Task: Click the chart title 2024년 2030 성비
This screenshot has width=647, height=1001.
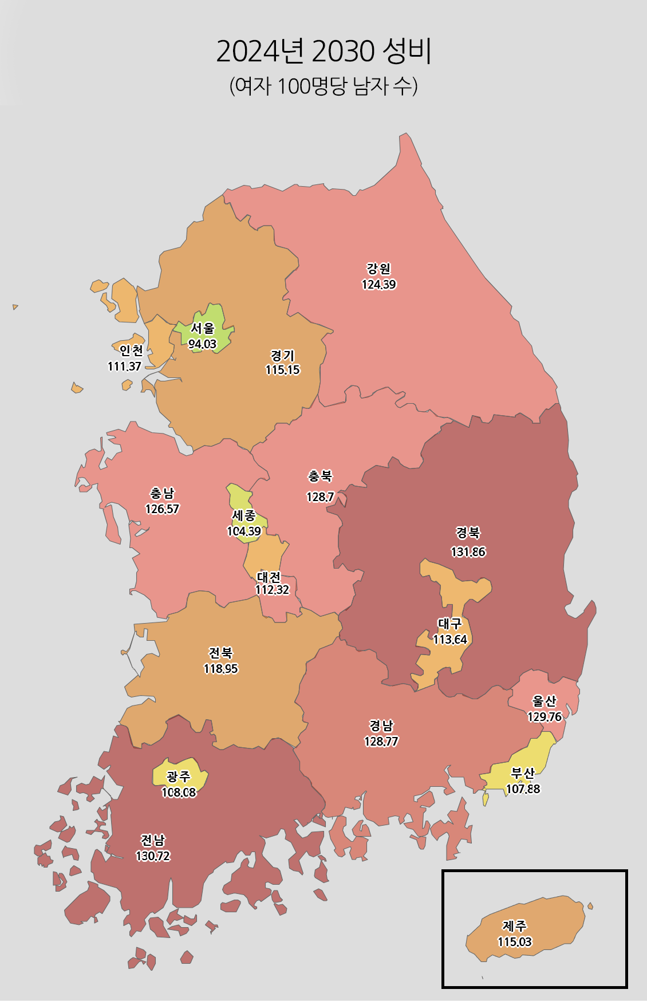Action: point(323,52)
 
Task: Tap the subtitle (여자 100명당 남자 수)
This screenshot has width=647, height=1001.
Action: point(323,86)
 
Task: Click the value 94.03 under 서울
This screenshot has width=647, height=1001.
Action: point(203,344)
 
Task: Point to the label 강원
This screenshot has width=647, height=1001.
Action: point(378,269)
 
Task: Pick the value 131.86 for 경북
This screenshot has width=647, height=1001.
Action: point(468,552)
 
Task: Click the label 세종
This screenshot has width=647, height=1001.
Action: point(244,516)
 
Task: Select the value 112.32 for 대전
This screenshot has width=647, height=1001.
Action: point(272,590)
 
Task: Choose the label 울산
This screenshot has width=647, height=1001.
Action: point(544,701)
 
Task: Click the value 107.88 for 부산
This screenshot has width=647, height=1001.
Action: point(523,789)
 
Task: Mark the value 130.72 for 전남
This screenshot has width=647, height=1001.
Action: point(153,856)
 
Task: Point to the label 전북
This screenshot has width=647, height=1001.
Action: point(220,653)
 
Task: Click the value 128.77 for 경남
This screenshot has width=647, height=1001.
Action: point(381,742)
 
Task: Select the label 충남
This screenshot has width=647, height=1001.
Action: point(162,493)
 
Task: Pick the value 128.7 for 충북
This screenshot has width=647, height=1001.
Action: point(320,497)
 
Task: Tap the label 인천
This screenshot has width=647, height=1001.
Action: point(131,350)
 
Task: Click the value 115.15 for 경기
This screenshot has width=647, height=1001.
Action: point(282,370)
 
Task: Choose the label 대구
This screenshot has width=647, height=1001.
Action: point(449,624)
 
